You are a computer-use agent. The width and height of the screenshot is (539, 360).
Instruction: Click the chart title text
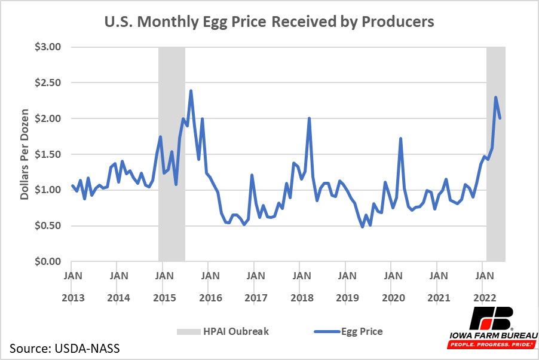click(x=269, y=22)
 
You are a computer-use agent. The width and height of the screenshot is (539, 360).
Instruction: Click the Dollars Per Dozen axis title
click(x=25, y=154)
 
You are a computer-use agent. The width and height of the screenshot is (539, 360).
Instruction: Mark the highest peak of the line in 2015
click(x=191, y=91)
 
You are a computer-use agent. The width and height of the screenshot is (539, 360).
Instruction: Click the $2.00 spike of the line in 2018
click(x=310, y=118)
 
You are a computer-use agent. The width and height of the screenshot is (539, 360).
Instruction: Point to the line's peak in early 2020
click(x=400, y=139)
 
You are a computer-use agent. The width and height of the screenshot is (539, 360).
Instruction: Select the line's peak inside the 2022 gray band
click(x=496, y=97)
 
